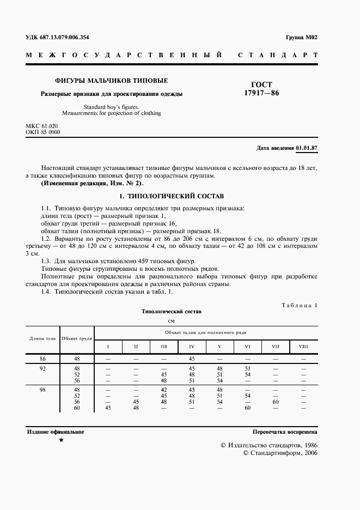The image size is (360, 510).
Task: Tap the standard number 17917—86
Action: (x=261, y=93)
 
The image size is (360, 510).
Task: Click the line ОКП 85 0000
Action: (x=43, y=132)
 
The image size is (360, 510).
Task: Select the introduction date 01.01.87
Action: (x=307, y=148)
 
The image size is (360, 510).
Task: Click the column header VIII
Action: (x=303, y=347)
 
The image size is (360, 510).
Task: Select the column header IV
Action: (x=192, y=347)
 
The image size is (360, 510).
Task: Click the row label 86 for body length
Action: (x=42, y=359)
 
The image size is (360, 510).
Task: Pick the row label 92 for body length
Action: (x=42, y=369)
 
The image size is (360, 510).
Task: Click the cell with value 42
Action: (x=164, y=390)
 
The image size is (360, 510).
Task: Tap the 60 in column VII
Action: (x=275, y=402)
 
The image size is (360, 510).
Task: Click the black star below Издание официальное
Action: (x=61, y=440)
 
